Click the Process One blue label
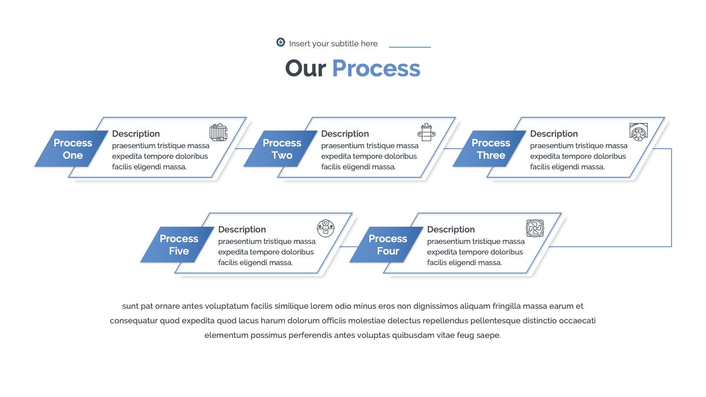coord(71,149)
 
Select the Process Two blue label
coord(281,149)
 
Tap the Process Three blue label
coord(490,149)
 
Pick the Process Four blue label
coord(387,244)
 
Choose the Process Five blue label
coord(178,244)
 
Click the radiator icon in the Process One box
coord(218,132)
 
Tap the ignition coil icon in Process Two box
coord(426,132)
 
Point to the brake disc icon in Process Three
coord(638,132)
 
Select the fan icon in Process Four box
coord(535,228)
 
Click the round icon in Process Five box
coord(326,228)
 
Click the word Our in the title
coord(305,68)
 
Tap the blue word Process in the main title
coord(376,68)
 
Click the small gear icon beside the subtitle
coord(281,42)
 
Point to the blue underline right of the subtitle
coord(410,47)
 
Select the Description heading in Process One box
coord(136,134)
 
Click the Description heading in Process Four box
coord(451,230)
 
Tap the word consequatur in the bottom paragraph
coord(134,321)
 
